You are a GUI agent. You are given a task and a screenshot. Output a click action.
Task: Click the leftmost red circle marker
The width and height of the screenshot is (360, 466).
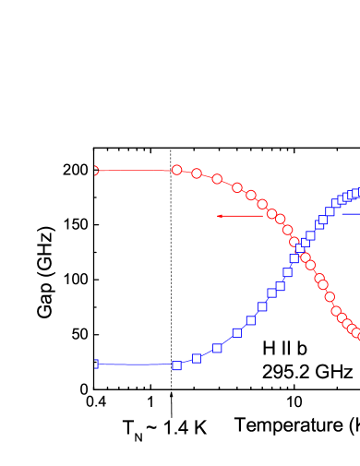pyautogui.click(x=94, y=171)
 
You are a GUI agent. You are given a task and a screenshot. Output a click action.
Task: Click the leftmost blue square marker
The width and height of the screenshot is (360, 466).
pyautogui.click(x=94, y=364)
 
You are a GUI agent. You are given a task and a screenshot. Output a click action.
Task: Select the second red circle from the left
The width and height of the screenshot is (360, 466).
pyautogui.click(x=176, y=170)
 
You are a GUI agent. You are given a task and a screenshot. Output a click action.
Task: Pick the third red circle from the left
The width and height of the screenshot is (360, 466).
pyautogui.click(x=197, y=173)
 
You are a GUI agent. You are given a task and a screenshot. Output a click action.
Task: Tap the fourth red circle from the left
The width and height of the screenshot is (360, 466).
pyautogui.click(x=217, y=179)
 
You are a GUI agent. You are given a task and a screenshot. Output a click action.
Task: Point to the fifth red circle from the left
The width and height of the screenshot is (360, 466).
pyautogui.click(x=237, y=187)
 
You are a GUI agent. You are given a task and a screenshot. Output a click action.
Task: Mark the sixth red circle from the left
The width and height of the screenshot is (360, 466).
pyautogui.click(x=250, y=195)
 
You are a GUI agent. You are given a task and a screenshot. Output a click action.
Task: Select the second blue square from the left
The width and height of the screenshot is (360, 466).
pyautogui.click(x=176, y=365)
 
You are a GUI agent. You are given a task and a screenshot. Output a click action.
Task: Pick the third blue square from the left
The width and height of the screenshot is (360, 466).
pyautogui.click(x=197, y=358)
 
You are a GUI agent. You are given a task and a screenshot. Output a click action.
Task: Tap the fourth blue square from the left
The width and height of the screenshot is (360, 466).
pyautogui.click(x=217, y=348)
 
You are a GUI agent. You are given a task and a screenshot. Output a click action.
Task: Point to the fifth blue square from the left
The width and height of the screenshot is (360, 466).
pyautogui.click(x=237, y=332)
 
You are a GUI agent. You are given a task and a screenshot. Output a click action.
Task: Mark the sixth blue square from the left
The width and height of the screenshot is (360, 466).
pyautogui.click(x=250, y=320)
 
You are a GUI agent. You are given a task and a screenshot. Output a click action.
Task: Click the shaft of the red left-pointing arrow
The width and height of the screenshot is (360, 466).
pyautogui.click(x=245, y=216)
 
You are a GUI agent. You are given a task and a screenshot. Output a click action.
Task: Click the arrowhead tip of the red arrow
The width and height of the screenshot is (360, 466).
pyautogui.click(x=218, y=216)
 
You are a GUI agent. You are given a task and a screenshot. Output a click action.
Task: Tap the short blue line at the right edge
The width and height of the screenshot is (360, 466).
pyautogui.click(x=351, y=214)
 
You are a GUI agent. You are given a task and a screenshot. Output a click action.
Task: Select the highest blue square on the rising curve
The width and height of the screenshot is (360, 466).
pyautogui.click(x=357, y=193)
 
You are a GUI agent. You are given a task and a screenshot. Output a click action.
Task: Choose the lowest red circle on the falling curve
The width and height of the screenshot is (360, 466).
pyautogui.click(x=357, y=334)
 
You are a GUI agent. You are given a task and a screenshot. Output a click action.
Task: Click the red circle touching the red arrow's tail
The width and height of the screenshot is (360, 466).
pyautogui.click(x=271, y=214)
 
